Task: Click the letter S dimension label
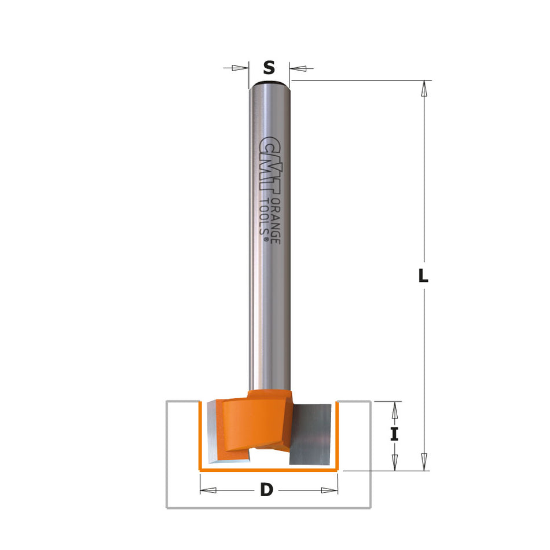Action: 269,68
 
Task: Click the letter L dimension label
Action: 424,277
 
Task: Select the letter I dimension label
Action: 394,434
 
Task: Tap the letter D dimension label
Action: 266,490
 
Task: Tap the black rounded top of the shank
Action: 269,85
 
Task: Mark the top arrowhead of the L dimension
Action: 424,89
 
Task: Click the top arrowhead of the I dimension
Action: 394,409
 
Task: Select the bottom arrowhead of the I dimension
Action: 394,462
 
